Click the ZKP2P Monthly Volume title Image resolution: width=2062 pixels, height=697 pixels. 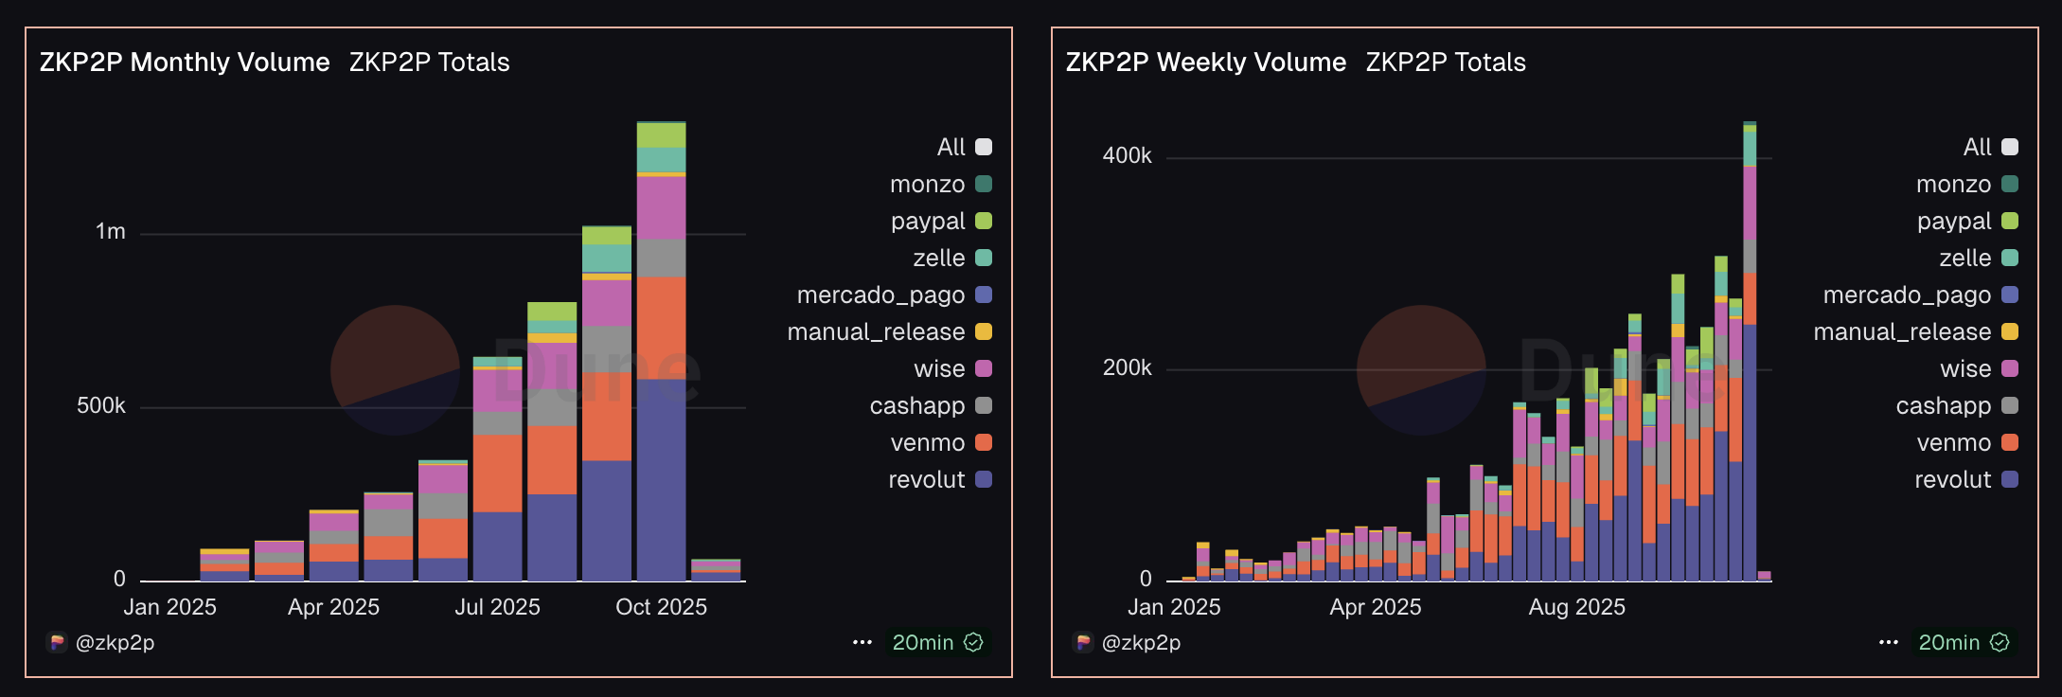tap(185, 63)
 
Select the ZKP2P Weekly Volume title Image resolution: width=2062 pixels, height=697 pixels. tap(1205, 63)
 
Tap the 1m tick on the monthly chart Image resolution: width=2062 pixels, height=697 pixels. tap(111, 232)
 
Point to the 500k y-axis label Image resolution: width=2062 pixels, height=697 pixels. tap(101, 406)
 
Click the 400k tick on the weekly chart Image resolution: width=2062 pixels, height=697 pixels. tap(1127, 156)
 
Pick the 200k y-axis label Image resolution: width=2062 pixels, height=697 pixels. tap(1127, 368)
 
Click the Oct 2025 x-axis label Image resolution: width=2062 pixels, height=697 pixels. tap(661, 607)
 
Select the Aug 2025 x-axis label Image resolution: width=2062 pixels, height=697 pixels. tap(1576, 607)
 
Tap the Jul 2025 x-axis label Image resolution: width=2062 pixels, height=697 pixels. tap(497, 607)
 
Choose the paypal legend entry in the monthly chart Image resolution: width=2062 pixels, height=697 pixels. tap(928, 222)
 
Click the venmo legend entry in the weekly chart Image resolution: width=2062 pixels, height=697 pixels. tap(1954, 443)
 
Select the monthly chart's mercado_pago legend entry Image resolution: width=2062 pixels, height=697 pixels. tap(880, 295)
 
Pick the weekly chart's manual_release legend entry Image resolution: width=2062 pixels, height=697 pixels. tap(1902, 332)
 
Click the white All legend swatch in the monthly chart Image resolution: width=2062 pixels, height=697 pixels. tap(984, 147)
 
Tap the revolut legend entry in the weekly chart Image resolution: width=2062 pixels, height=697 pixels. tap(1952, 480)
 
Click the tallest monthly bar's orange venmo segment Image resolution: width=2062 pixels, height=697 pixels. tap(661, 327)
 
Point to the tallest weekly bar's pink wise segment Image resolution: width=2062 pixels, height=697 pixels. tap(1750, 203)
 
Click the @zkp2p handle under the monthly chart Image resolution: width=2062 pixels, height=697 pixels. tap(115, 643)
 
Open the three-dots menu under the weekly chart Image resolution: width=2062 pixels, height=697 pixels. tap(1888, 642)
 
